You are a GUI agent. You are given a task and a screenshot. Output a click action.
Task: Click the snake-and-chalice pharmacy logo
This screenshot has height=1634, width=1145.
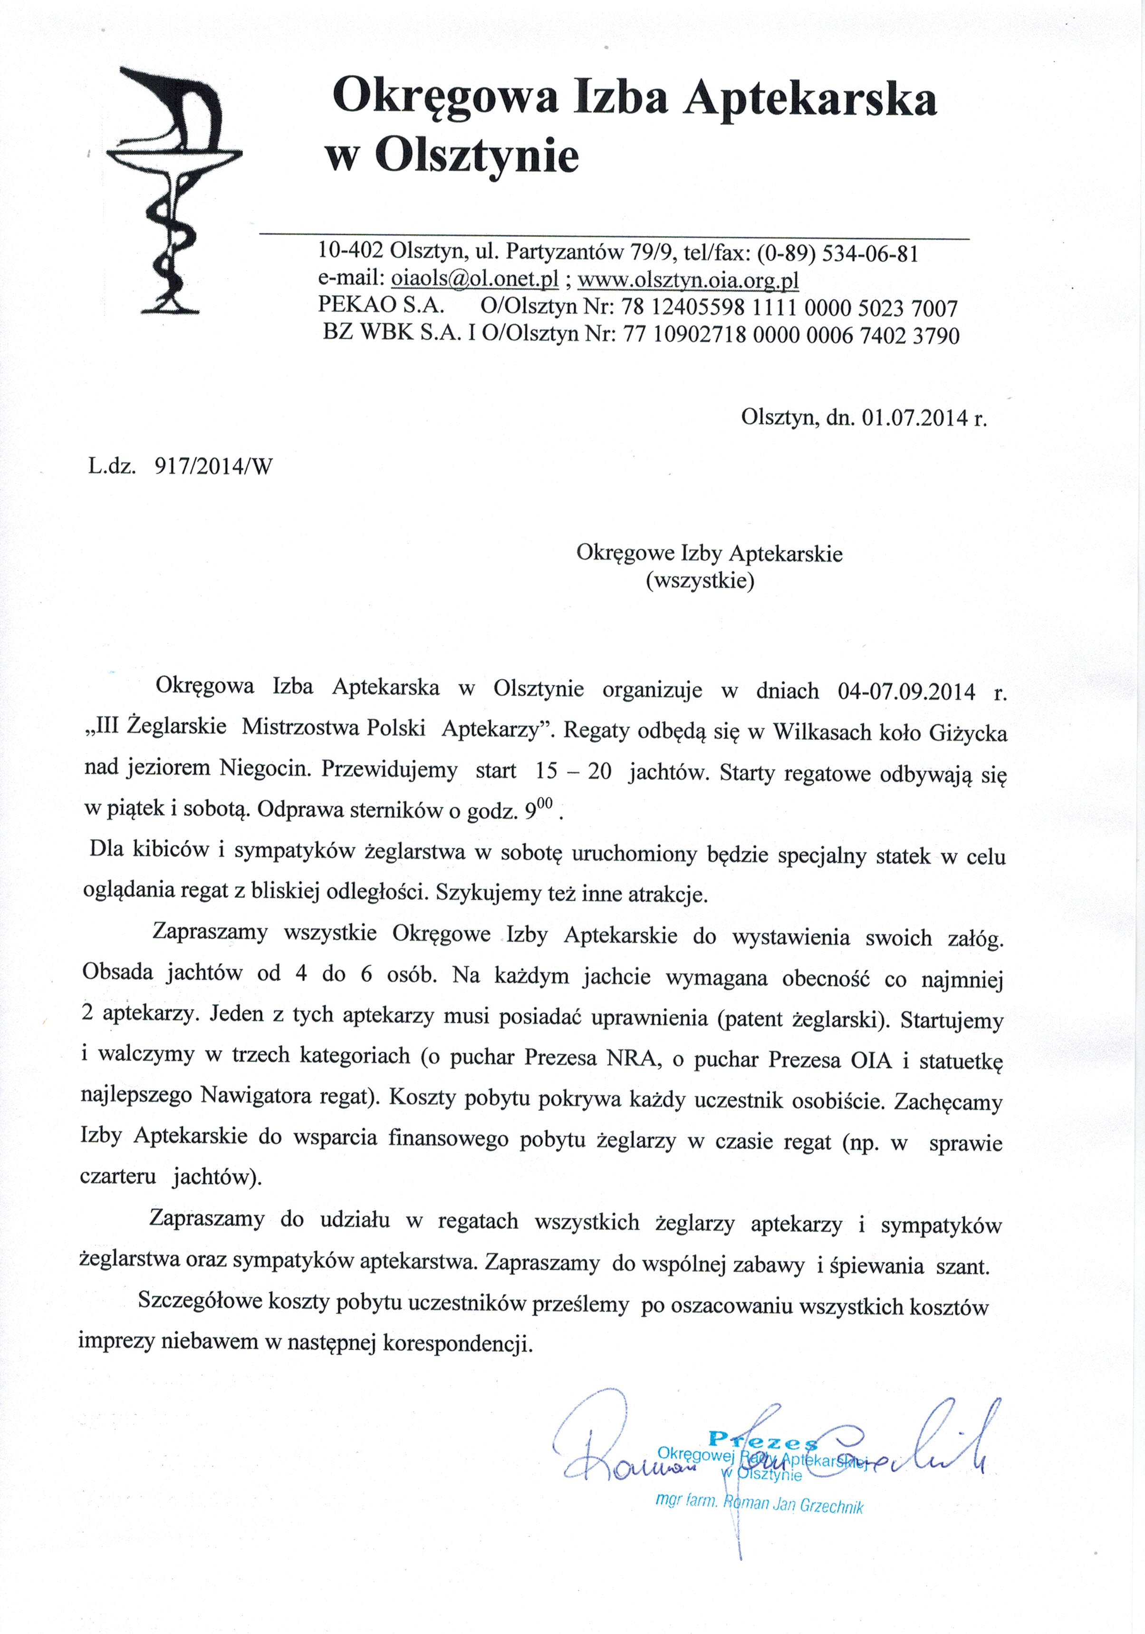[x=174, y=189]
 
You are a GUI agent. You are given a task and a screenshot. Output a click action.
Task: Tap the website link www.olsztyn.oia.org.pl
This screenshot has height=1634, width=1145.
[x=688, y=280]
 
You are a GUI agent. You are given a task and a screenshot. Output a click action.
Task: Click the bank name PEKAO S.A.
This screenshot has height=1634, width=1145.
[x=381, y=306]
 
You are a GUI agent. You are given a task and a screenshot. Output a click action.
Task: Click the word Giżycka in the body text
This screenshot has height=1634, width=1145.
[x=968, y=732]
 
